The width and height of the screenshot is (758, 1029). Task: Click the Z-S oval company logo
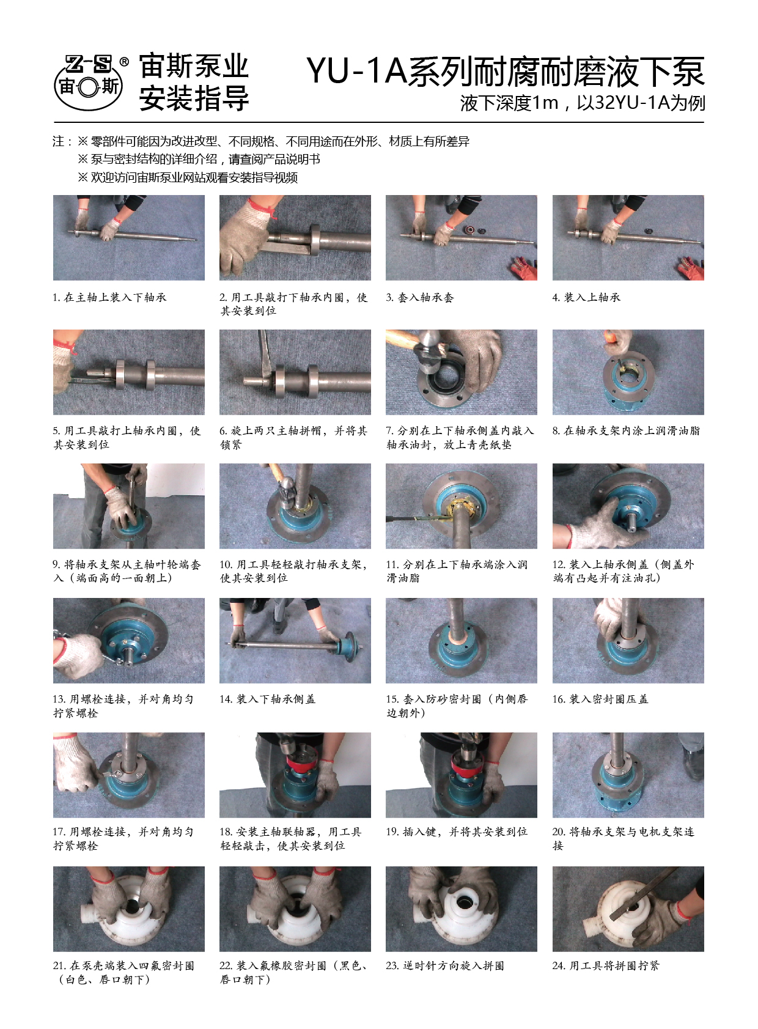[x=88, y=83]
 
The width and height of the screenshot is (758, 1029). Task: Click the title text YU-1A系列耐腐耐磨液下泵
[x=506, y=72]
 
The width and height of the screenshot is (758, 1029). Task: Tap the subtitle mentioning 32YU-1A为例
[x=583, y=103]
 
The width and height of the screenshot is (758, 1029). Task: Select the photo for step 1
[x=128, y=237]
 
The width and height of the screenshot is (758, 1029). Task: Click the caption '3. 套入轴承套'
[x=420, y=298]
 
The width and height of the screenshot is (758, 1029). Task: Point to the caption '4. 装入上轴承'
[x=586, y=298]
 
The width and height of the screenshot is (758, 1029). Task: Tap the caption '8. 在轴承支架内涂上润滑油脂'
[x=626, y=431]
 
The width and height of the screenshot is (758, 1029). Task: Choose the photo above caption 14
[x=295, y=640]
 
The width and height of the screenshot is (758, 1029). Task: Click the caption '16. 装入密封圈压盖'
[x=600, y=699]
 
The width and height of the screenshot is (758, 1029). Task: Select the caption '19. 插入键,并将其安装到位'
[x=457, y=832]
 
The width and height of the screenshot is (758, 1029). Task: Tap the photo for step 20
[x=628, y=775]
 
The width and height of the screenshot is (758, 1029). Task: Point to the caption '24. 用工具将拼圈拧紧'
[x=605, y=966]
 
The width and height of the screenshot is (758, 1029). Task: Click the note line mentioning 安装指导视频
[x=188, y=177]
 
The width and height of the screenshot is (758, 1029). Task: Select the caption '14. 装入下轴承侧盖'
[x=267, y=699]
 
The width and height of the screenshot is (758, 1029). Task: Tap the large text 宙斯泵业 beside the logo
[x=194, y=65]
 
